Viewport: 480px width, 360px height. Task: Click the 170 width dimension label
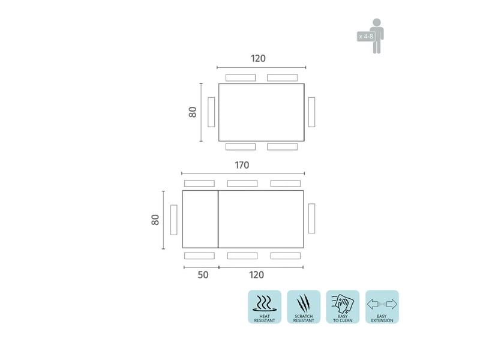(x=242, y=166)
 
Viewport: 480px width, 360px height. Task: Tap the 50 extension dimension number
(x=203, y=275)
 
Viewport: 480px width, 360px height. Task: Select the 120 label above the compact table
(x=258, y=58)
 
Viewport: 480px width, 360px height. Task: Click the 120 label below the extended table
(x=256, y=275)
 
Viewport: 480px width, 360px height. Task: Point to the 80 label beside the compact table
(x=193, y=112)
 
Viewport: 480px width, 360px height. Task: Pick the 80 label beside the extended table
(x=155, y=220)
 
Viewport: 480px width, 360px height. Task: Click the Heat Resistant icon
(x=265, y=307)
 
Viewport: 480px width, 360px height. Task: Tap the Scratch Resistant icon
(x=304, y=307)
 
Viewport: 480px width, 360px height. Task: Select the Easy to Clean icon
(x=343, y=307)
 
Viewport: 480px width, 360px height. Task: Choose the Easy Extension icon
(x=382, y=307)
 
